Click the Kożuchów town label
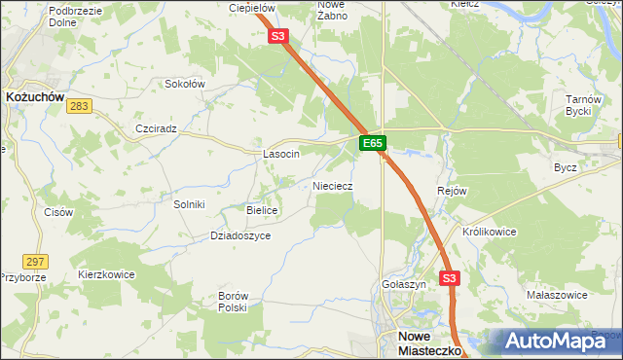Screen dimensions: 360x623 click(35, 97)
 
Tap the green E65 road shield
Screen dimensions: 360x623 click(372, 143)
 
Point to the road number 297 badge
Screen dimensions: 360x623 click(36, 262)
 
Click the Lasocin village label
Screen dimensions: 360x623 click(281, 154)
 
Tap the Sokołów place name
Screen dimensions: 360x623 click(184, 84)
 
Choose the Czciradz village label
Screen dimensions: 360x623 click(156, 128)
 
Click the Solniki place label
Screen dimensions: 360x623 click(189, 204)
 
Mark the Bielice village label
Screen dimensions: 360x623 click(263, 210)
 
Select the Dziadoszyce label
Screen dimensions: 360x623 click(240, 235)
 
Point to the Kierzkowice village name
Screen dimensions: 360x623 click(106, 275)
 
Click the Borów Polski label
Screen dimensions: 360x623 click(234, 301)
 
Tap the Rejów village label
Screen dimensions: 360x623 click(454, 191)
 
